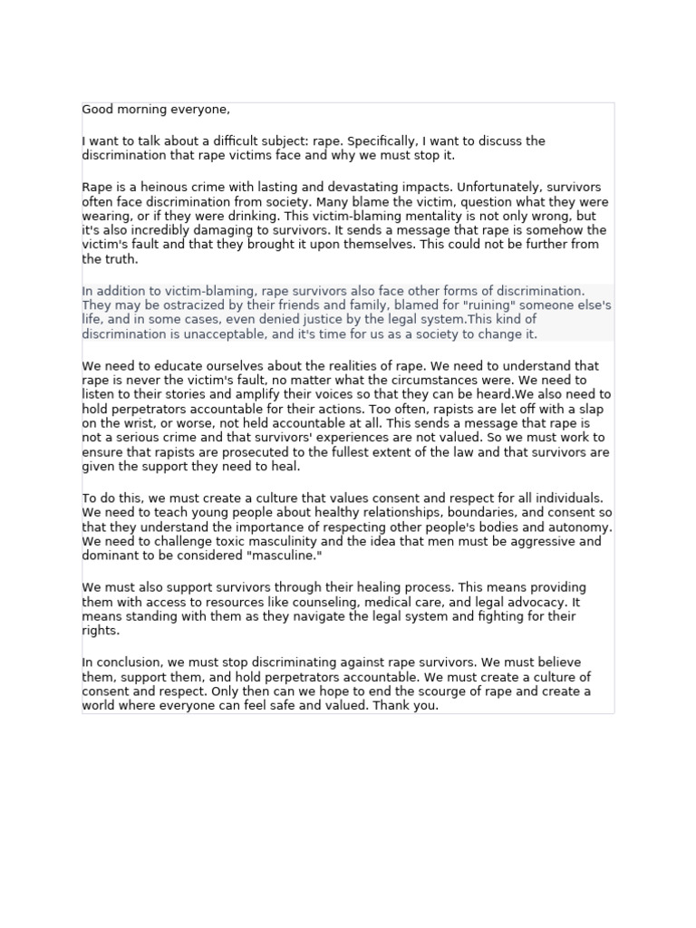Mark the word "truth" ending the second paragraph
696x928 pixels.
(x=120, y=259)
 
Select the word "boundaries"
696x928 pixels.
(x=448, y=513)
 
